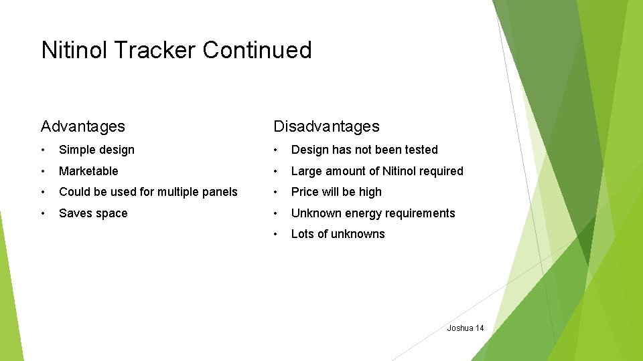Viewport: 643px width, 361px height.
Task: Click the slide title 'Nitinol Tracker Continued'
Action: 176,50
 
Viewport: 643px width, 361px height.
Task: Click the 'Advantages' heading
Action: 82,126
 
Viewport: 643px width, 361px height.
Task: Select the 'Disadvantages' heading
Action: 326,126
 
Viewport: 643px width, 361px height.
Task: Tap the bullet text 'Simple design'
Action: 96,150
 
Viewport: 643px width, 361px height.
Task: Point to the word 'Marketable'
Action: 88,171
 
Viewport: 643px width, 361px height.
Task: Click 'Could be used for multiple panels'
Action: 148,192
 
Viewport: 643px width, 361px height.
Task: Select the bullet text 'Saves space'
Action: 93,213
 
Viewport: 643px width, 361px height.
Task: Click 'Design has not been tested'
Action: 364,150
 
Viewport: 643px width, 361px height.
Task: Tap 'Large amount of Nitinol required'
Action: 377,171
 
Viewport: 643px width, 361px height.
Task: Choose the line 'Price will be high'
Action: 336,192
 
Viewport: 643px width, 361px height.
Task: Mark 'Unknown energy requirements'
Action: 373,213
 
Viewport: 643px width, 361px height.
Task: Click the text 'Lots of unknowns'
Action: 338,234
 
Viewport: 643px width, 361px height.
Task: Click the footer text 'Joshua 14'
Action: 465,328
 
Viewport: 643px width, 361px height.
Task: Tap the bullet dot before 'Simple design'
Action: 43,150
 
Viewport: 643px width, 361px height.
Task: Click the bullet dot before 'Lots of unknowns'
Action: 275,234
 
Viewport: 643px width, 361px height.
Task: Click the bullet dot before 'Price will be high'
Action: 275,192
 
